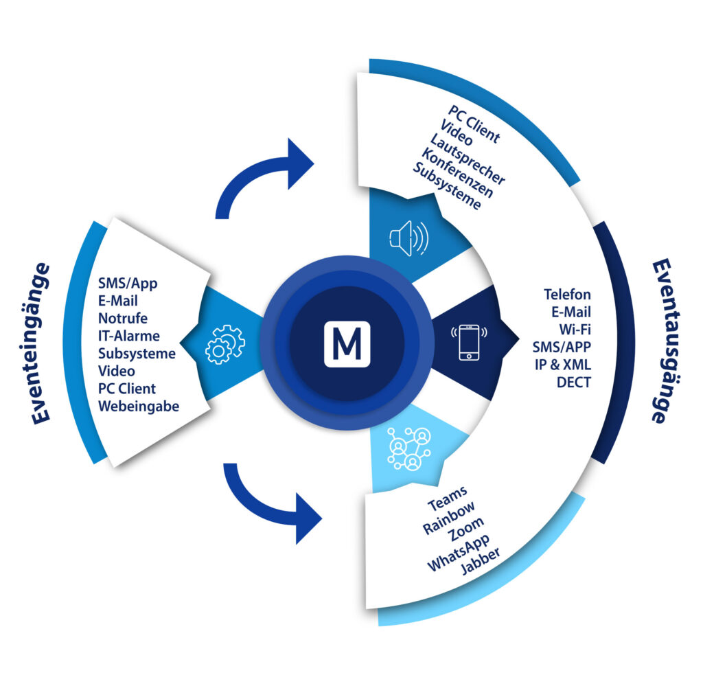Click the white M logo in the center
click(x=347, y=343)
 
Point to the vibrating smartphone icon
click(x=468, y=339)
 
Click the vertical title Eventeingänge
click(x=41, y=343)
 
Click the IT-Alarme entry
click(x=128, y=336)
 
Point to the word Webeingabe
click(x=138, y=407)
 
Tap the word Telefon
click(x=567, y=294)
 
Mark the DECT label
click(x=573, y=382)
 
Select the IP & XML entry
click(x=562, y=365)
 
